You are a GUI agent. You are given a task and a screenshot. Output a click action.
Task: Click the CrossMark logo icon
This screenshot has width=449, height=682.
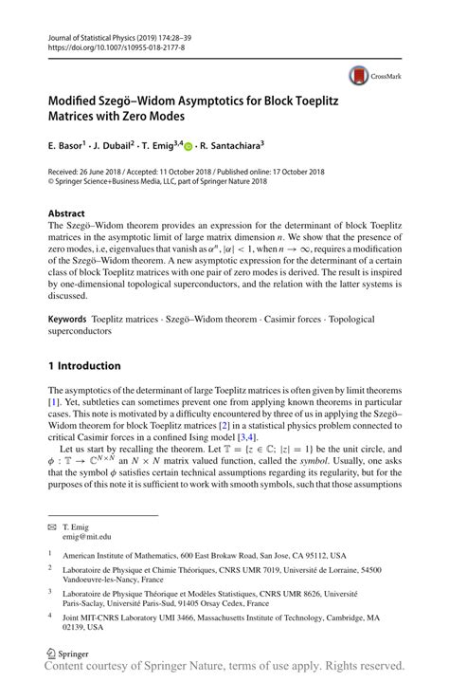[359, 74]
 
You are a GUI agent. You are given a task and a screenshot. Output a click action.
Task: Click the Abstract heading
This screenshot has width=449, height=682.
[66, 214]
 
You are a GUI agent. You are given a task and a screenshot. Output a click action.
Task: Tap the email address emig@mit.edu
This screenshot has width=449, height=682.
[90, 536]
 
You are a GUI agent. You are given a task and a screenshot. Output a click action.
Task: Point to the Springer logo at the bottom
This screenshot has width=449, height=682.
[70, 654]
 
